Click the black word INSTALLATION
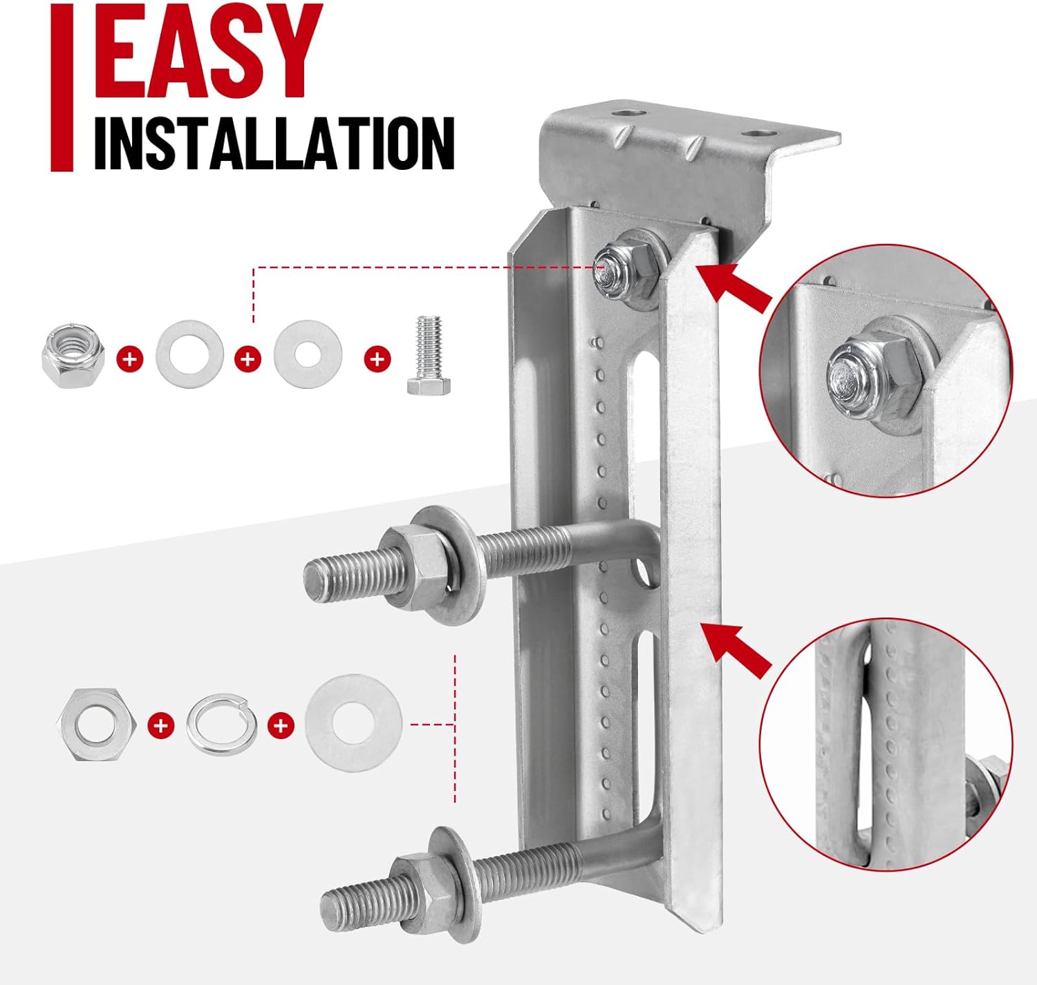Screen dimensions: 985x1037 [274, 143]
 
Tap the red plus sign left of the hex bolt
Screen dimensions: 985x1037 [377, 358]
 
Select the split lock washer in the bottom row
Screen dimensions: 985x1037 [221, 725]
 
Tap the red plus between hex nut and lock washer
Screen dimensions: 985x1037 [161, 725]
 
